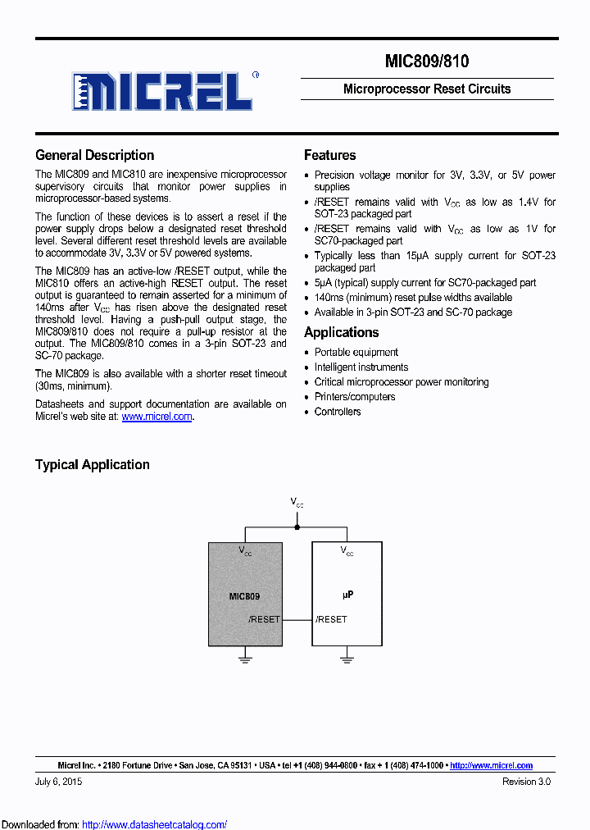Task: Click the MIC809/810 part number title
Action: [x=426, y=62]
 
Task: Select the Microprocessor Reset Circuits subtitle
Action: [x=426, y=89]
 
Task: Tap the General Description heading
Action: [x=94, y=155]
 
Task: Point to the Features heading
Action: [x=329, y=155]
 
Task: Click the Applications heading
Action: [x=341, y=332]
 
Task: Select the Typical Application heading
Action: [x=92, y=464]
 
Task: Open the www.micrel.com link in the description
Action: [x=157, y=417]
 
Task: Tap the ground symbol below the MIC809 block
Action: [x=245, y=655]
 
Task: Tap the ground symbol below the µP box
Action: [x=347, y=655]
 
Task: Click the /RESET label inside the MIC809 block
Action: [x=263, y=619]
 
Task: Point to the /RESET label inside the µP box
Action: [x=331, y=619]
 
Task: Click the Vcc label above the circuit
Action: [x=297, y=501]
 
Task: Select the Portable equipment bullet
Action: [x=356, y=353]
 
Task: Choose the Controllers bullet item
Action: [x=338, y=412]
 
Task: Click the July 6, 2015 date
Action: [x=58, y=782]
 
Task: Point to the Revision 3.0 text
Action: [x=526, y=782]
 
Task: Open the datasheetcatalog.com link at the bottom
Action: [x=155, y=824]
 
